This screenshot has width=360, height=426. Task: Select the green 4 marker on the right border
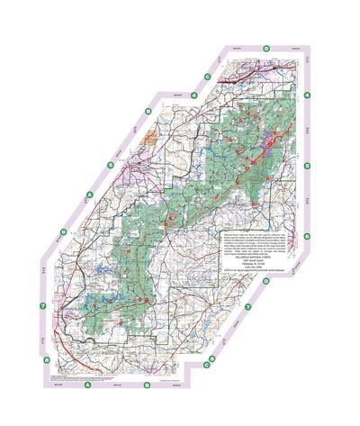307,95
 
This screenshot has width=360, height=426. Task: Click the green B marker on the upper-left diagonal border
111,165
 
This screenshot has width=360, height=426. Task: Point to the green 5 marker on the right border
307,166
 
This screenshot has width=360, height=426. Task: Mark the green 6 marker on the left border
62,232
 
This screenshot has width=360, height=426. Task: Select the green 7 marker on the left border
43,307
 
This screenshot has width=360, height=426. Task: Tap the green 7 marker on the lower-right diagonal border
247,307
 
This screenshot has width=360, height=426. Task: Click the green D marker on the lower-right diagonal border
266,280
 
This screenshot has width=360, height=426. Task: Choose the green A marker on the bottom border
87,388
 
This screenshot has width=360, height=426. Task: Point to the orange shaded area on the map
149,136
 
